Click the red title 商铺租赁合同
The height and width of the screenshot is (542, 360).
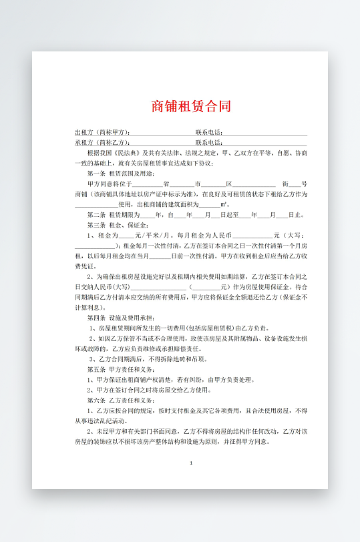pyautogui.click(x=190, y=106)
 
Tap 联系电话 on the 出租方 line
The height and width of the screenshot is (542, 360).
pyautogui.click(x=208, y=132)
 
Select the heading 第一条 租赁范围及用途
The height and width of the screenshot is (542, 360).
pyautogui.click(x=117, y=173)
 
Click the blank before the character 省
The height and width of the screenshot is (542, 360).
pyautogui.click(x=153, y=184)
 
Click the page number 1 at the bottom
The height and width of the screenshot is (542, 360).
pyautogui.click(x=191, y=463)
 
